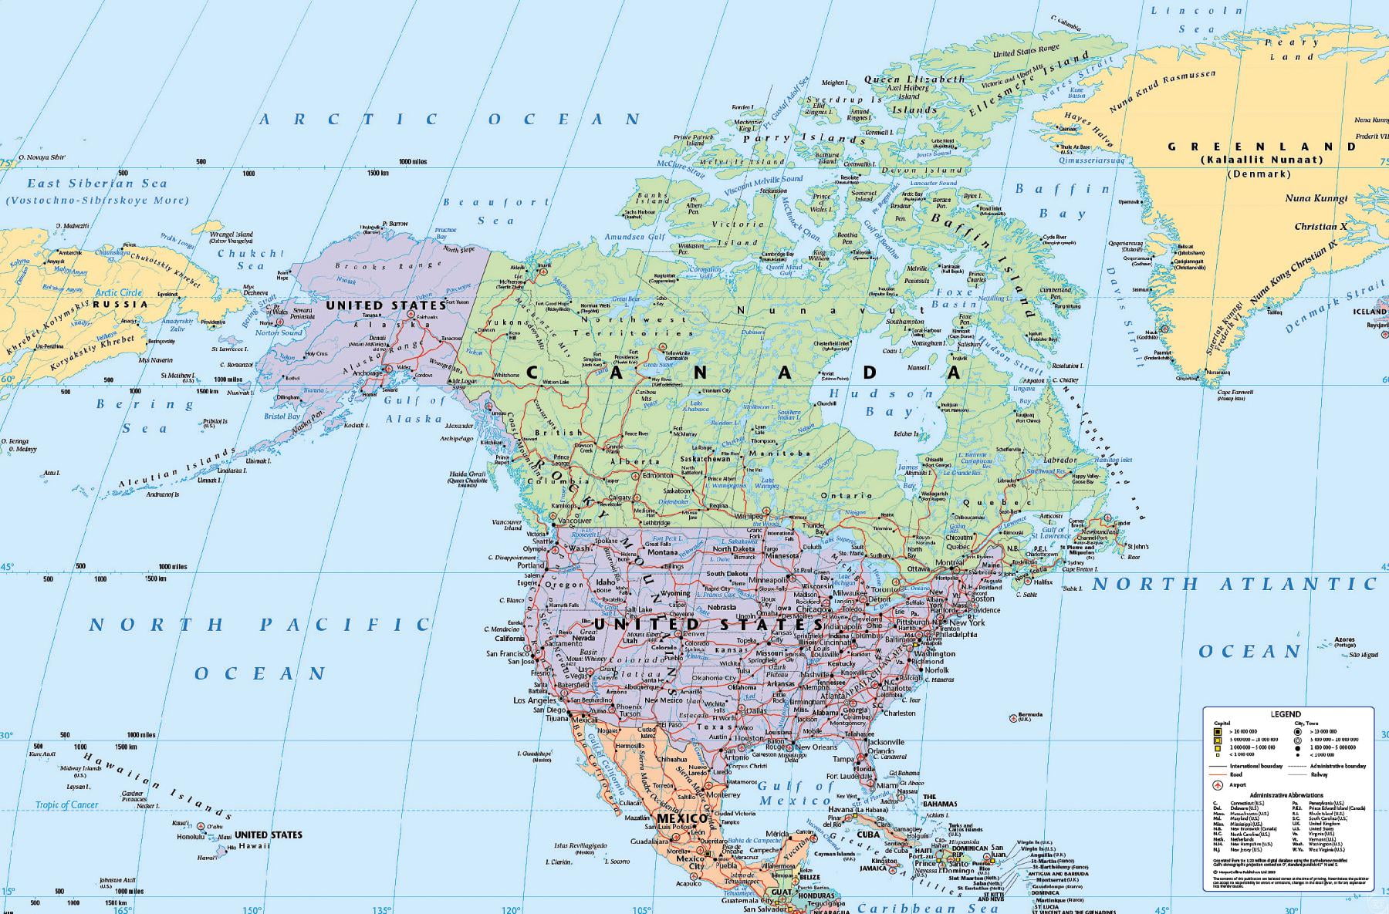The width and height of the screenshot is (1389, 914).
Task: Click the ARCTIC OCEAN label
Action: tap(450, 119)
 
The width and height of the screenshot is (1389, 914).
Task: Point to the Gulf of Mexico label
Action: tap(796, 793)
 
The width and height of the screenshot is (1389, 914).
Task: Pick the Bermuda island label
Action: tap(1031, 714)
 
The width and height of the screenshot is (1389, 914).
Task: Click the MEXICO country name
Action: tap(681, 818)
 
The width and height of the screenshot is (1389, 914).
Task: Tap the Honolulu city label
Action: tap(191, 837)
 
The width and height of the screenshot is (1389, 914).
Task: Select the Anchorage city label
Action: tap(367, 373)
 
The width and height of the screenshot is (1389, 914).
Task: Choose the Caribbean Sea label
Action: tap(928, 908)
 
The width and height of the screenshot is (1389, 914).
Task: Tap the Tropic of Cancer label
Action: tap(67, 804)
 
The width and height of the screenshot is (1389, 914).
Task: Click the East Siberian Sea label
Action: tap(97, 184)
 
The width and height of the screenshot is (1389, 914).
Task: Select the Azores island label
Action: tap(1344, 640)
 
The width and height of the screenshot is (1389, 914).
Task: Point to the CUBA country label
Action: tap(868, 835)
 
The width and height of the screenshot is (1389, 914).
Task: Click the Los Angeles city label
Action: tap(534, 700)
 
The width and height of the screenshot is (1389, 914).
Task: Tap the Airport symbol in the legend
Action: tap(1218, 785)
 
